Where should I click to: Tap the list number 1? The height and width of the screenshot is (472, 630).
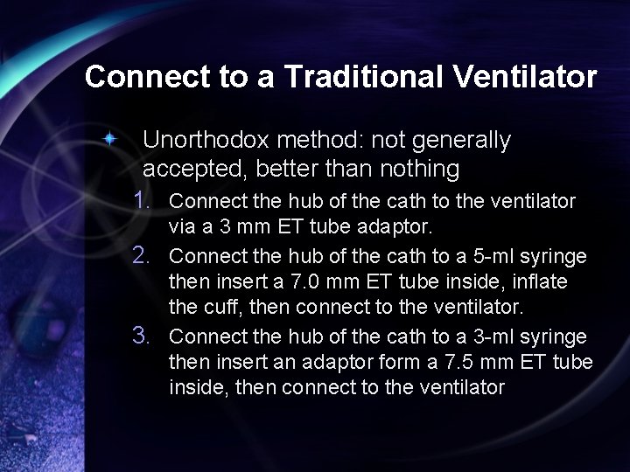145,201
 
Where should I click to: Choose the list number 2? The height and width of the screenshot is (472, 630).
145,256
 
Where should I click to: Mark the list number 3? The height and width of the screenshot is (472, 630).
145,336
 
